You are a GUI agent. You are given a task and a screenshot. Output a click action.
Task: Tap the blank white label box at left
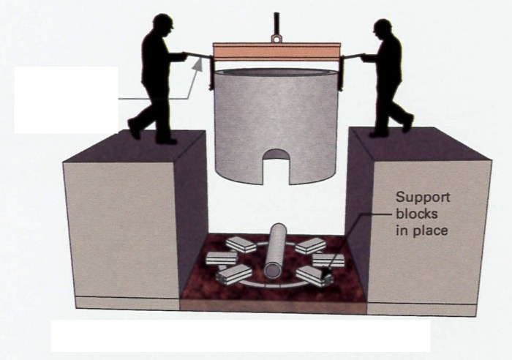(x=66, y=100)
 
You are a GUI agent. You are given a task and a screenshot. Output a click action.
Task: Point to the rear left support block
(x=241, y=244)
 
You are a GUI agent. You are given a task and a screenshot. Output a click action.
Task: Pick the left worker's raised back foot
(x=134, y=130)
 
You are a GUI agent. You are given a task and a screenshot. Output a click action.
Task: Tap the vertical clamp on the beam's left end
(x=210, y=70)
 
